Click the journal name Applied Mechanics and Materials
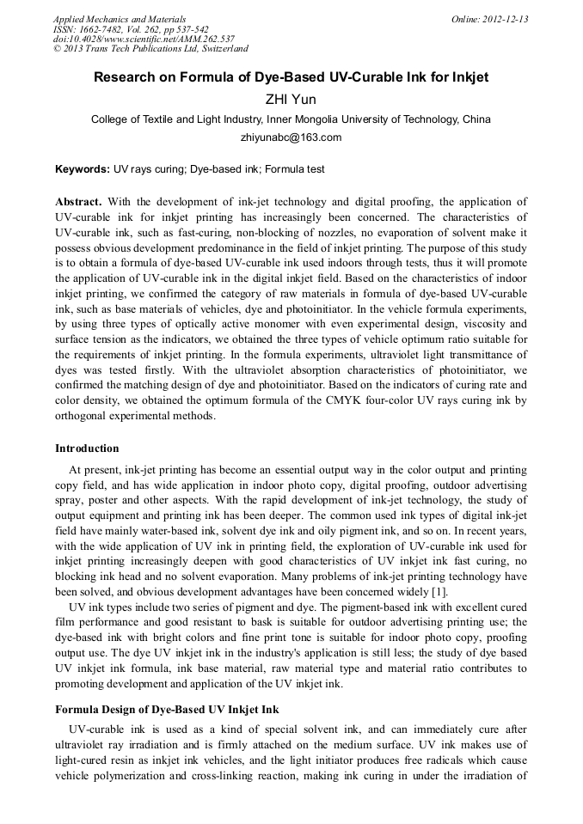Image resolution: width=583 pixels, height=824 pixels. click(119, 19)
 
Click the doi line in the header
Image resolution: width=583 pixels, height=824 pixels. click(144, 40)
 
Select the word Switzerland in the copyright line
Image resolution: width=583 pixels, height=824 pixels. click(218, 49)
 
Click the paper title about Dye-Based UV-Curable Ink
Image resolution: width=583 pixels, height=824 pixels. click(291, 77)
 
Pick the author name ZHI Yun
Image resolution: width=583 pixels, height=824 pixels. click(291, 100)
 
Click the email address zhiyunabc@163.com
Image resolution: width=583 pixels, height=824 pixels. click(291, 137)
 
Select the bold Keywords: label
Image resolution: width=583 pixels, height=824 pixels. click(83, 170)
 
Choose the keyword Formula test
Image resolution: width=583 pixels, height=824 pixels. click(294, 170)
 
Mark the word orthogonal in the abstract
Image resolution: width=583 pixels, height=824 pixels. click(84, 417)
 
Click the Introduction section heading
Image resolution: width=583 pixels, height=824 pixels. click(87, 449)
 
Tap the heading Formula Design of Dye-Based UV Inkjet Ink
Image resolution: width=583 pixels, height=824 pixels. click(167, 710)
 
